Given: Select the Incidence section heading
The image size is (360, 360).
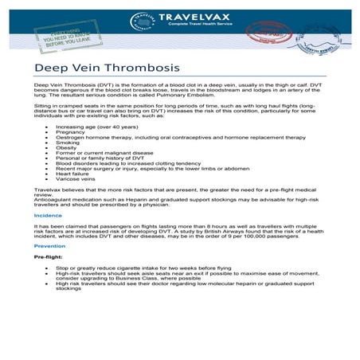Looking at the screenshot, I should pyautogui.click(x=48, y=215).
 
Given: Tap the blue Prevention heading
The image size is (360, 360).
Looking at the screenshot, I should pyautogui.click(x=50, y=246).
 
